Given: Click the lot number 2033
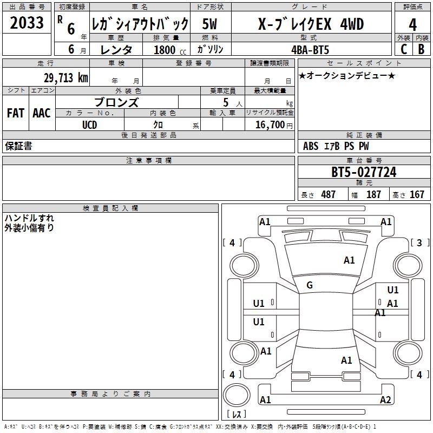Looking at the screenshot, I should pos(27,23).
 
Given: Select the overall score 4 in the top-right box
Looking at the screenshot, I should pos(412,24).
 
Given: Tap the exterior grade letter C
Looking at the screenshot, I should pos(403,49).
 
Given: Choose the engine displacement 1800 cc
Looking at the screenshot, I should pos(164,49).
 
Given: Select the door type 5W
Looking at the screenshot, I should pos(210,24).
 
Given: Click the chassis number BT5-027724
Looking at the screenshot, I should pos(364,172).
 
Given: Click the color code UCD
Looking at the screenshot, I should pos(89,125).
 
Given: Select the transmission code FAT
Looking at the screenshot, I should pos(16,113).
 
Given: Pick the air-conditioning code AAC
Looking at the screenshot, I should pos(42,113).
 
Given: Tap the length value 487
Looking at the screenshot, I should pos(328,194).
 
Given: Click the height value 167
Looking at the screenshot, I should pos(417,194).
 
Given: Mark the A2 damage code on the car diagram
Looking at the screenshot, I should pos(385,400).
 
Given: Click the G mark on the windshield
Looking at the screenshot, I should pos(310,285).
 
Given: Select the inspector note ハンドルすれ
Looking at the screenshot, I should pos(29,218).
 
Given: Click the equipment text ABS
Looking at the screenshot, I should pos(311,146).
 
